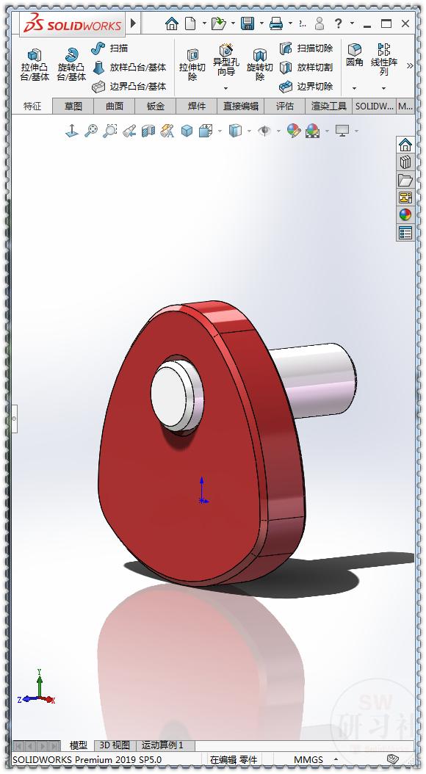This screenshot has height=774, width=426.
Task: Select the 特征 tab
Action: pos(32,106)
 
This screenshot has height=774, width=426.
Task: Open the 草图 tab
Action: pos(73,106)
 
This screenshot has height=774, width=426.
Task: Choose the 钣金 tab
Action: pos(156,106)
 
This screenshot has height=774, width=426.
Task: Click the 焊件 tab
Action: pos(197,106)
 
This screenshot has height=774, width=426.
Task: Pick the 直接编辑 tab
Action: pos(241,106)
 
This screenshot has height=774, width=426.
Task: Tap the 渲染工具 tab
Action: pos(328,106)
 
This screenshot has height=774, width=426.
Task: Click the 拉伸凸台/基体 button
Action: pos(35,65)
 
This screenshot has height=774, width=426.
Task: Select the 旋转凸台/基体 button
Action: pos(71,65)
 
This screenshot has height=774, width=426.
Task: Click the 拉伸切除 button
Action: pos(192,65)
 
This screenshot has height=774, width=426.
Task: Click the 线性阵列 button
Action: pos(383,59)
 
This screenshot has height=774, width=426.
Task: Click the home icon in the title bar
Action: pos(172,23)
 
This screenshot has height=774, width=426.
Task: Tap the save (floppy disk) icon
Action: pos(248,23)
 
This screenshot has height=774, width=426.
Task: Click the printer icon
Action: pos(276,23)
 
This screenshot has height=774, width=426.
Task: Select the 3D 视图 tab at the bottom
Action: pos(115,745)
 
